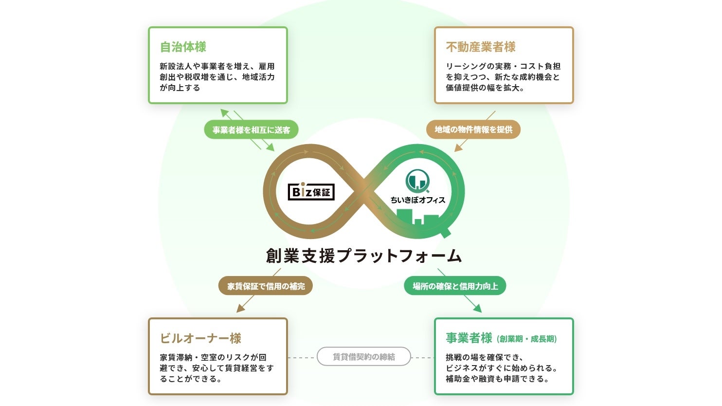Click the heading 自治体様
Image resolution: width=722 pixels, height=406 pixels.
pos(183,47)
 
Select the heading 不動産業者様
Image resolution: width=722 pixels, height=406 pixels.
pos(480,47)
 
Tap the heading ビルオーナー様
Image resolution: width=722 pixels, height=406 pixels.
pos(200,338)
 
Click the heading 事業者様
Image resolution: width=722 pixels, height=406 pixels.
pos(469,338)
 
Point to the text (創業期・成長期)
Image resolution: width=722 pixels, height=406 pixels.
pos(527,339)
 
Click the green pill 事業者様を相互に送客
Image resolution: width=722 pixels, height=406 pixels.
pos(251,130)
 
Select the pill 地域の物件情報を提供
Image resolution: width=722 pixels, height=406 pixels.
pos(473,129)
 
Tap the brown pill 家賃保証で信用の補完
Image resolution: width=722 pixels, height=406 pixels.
pos(266,286)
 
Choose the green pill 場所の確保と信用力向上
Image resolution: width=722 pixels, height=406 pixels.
pos(455,286)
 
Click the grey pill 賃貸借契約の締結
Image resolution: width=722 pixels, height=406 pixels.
pos(363,357)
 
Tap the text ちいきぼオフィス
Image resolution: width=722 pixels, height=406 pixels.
pos(417,200)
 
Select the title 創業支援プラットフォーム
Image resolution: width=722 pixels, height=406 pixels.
pos(363,256)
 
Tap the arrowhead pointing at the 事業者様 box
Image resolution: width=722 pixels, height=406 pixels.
pos(478,308)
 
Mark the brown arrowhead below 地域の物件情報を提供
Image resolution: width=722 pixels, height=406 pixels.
pos(458,148)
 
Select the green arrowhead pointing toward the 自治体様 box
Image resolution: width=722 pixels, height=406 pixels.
pos(224,112)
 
